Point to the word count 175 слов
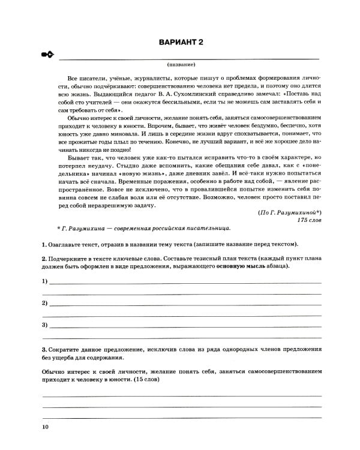[309, 220]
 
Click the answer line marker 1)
[45, 281]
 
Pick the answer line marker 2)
[45, 303]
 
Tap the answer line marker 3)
[45, 325]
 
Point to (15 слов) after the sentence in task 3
[149, 380]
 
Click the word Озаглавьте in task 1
[67, 245]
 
